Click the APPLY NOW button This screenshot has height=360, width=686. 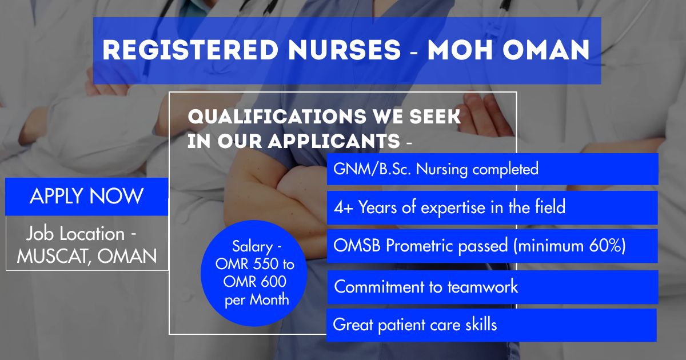tap(87, 197)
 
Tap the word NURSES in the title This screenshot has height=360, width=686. tap(345, 50)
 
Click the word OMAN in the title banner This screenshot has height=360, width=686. tap(546, 50)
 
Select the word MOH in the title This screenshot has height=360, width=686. tap(460, 50)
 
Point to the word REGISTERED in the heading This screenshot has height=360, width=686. tap(190, 50)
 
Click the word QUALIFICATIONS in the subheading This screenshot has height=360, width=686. tap(277, 117)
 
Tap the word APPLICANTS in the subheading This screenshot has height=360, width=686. tap(334, 141)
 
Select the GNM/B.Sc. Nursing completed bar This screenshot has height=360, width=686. tap(492, 169)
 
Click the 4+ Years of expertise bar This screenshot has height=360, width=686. tap(492, 207)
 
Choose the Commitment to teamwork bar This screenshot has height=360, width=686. tap(493, 287)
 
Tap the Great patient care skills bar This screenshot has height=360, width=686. tap(492, 325)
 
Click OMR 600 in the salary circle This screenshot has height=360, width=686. tap(255, 282)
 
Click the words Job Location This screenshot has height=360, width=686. tap(75, 234)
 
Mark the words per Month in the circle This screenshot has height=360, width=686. tap(257, 300)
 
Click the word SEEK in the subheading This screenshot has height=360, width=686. tap(435, 117)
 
